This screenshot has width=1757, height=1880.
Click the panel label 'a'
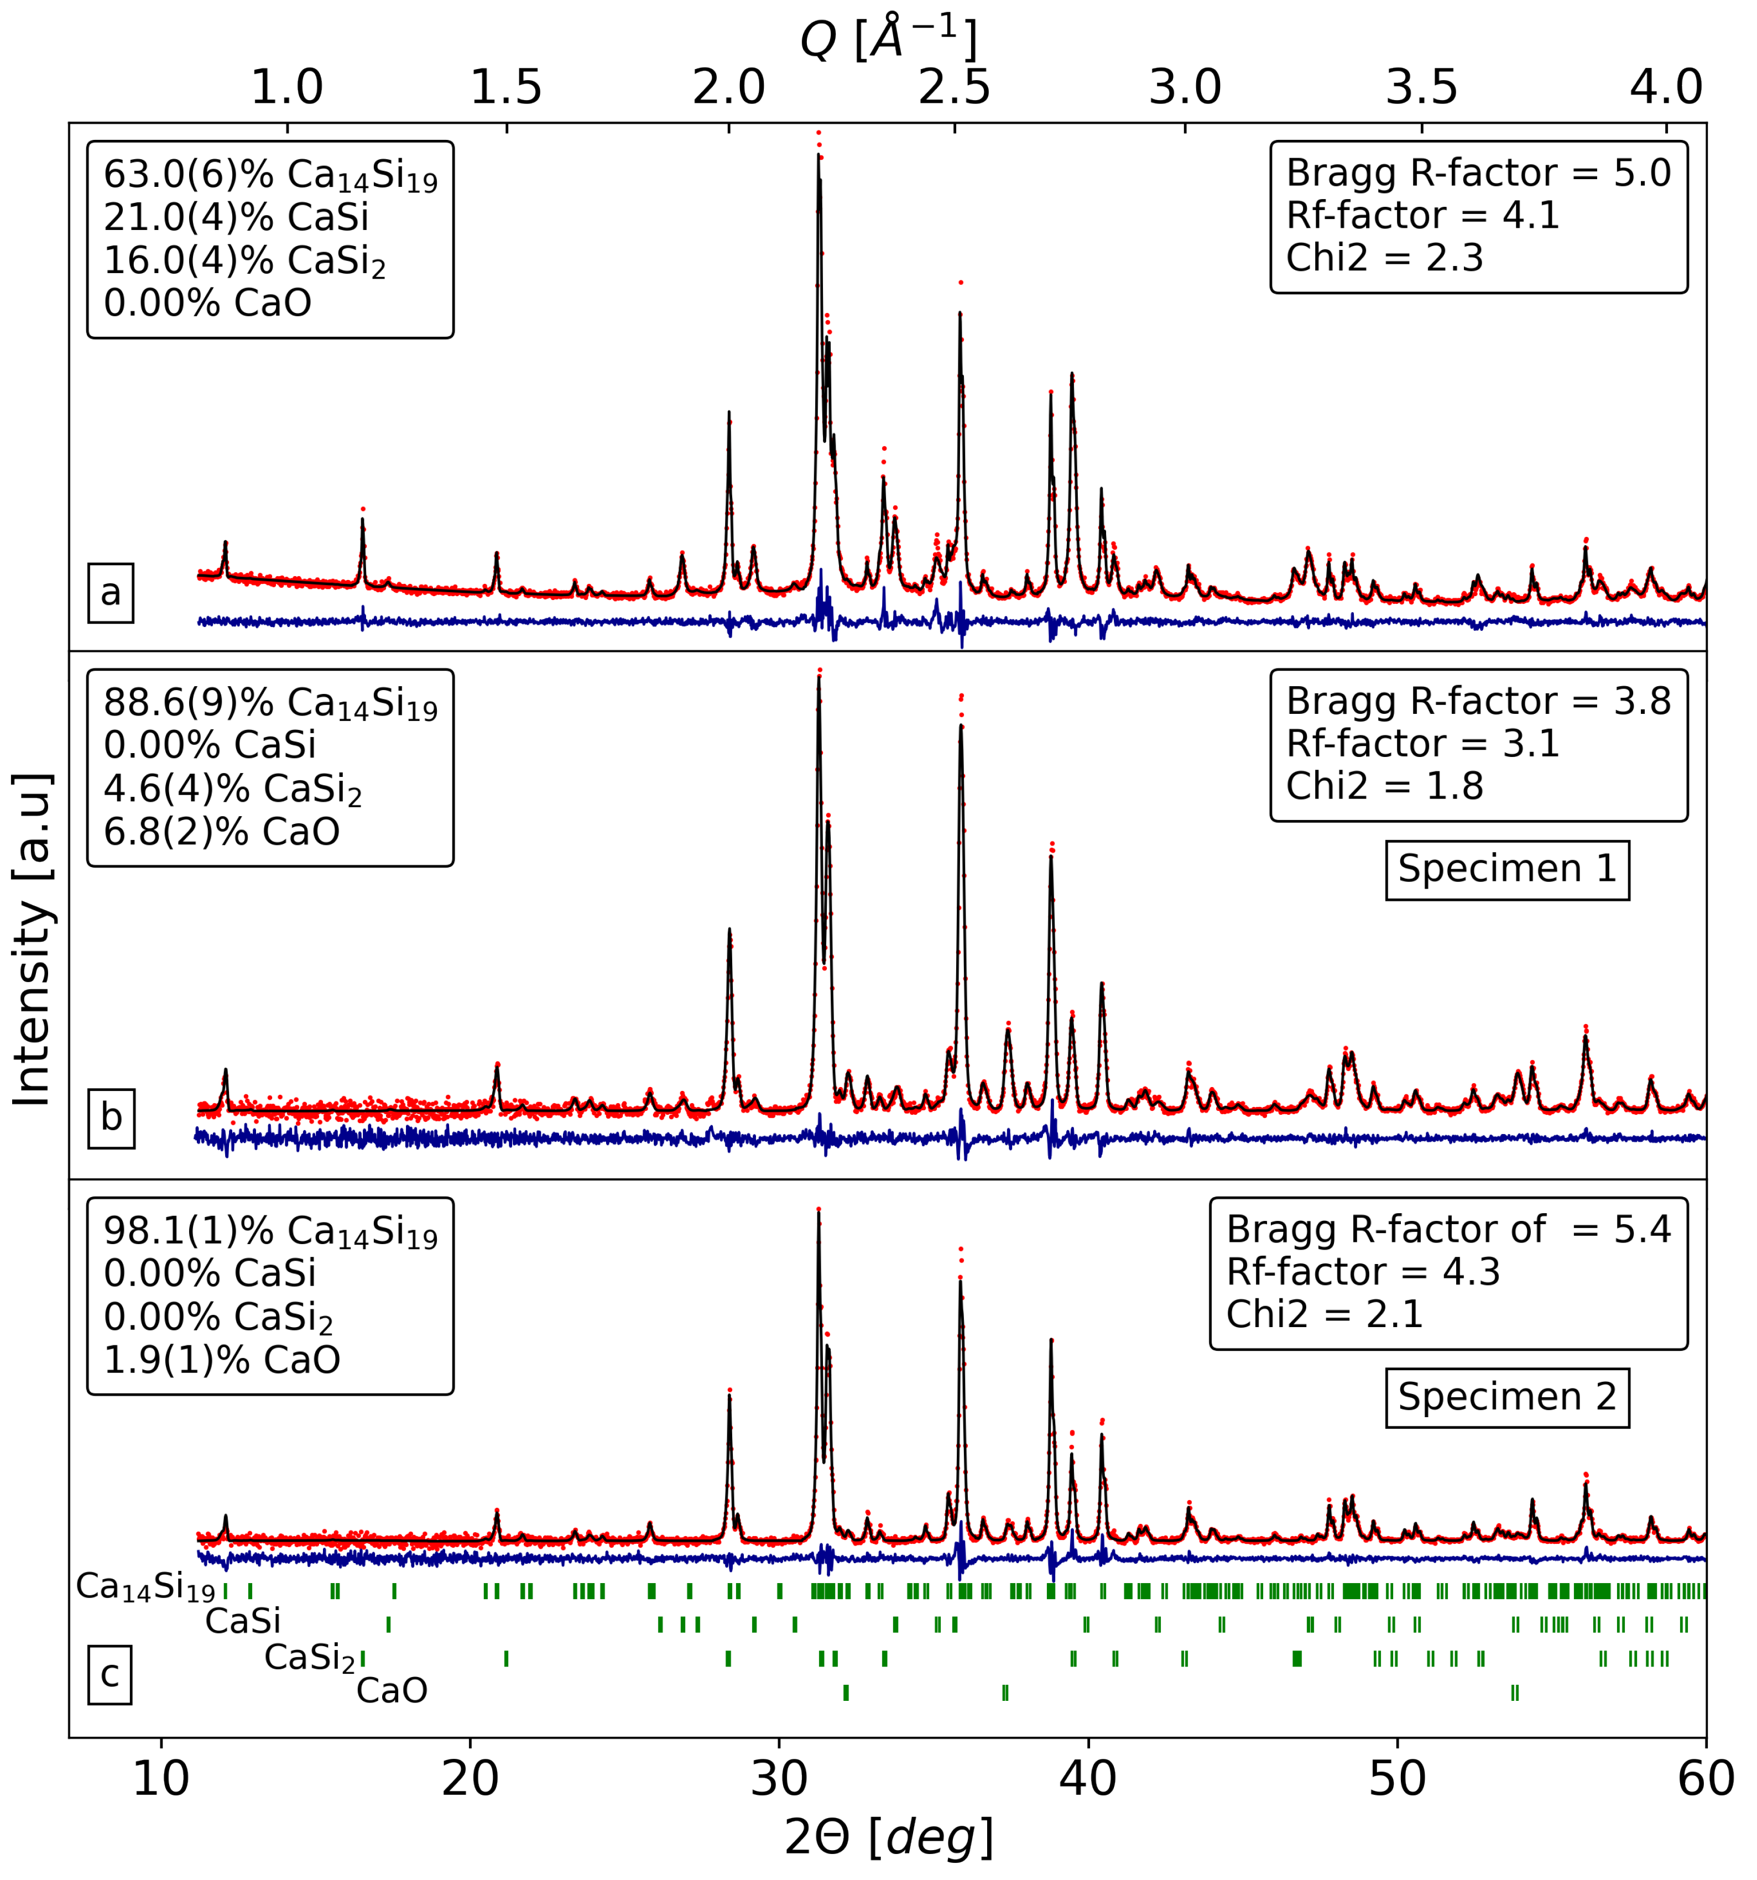pyautogui.click(x=111, y=593)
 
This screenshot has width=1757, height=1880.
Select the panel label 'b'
pyautogui.click(x=112, y=1118)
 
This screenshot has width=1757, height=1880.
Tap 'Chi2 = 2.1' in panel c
pyautogui.click(x=1324, y=1314)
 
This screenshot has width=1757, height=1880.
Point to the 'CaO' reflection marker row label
pyautogui.click(x=392, y=1690)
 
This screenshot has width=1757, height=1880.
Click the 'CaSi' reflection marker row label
pyautogui.click(x=243, y=1621)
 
